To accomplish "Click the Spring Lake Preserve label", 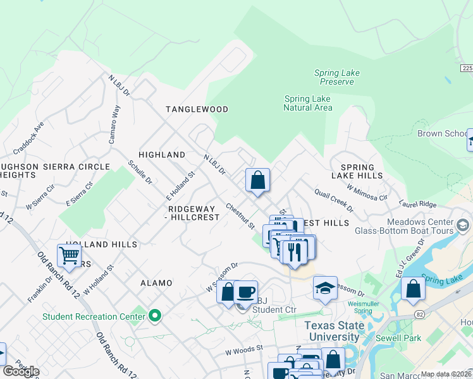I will [337, 78].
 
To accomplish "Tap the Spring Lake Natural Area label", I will [308, 104].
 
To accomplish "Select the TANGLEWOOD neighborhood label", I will [197, 109].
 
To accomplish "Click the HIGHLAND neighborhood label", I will [162, 155].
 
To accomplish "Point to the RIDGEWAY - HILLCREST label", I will [193, 213].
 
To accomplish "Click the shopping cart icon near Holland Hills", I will [70, 256].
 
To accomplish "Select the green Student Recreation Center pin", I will [154, 316].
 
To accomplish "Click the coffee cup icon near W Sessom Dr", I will [245, 292].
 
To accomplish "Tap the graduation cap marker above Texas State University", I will [325, 289].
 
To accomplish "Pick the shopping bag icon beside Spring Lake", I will [413, 289].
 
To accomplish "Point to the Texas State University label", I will [335, 332].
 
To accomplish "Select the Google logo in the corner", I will [21, 371].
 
